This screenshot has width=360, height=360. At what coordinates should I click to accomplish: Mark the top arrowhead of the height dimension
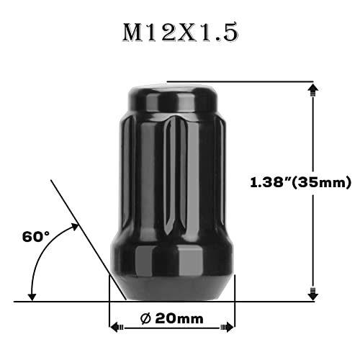pyautogui.click(x=312, y=88)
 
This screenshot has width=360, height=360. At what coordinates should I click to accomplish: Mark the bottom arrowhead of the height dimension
pyautogui.click(x=312, y=294)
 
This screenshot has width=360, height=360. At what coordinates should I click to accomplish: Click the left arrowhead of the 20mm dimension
pyautogui.click(x=114, y=327)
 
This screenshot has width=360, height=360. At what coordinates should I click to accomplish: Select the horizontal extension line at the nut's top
pyautogui.click(x=238, y=81)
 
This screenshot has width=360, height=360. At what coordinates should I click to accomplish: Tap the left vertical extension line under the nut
pyautogui.click(x=108, y=310)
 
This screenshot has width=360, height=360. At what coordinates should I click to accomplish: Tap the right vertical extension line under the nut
pyautogui.click(x=235, y=310)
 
